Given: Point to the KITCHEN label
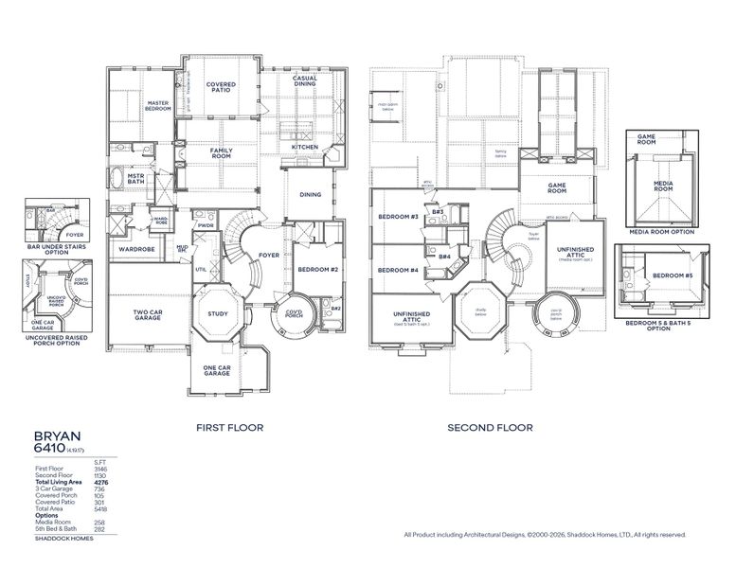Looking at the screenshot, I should (305, 148).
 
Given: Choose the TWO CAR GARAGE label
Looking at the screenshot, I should (147, 315).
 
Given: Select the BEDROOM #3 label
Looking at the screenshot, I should (398, 217).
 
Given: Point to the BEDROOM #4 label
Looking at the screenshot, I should (398, 271).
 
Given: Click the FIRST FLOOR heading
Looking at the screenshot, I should (229, 428).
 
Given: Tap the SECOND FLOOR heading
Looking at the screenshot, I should (490, 428).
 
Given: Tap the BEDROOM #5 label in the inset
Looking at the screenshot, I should (669, 275).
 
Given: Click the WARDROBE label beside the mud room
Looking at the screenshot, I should (136, 250).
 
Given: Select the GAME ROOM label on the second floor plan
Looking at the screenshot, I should (557, 189).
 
